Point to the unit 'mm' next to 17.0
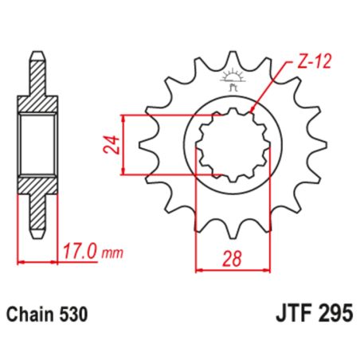[x=113, y=253]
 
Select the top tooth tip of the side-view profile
[x=36, y=56]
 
